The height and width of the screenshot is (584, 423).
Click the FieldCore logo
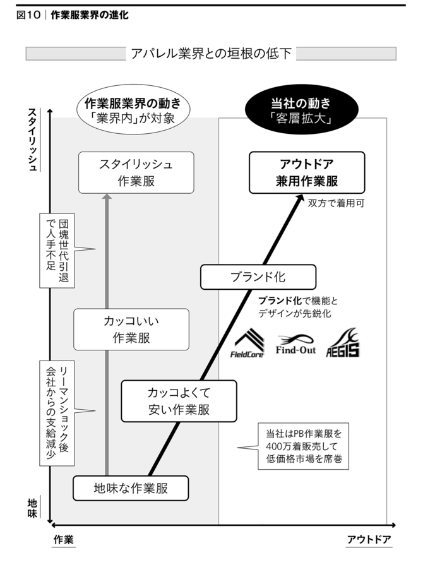[247, 343]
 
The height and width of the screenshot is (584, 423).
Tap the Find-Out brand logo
[295, 344]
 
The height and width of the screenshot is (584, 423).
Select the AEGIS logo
[343, 343]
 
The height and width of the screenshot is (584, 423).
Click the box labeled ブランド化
[258, 277]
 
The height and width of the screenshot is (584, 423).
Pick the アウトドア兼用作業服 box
[307, 172]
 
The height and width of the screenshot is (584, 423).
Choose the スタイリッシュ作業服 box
[136, 172]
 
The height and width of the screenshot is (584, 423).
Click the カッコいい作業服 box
[131, 329]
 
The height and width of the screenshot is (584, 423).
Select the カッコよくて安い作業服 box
[179, 401]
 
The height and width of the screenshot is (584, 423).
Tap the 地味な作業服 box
[131, 488]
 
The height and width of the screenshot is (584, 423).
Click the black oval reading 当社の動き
[301, 110]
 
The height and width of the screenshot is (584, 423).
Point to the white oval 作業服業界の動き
[133, 110]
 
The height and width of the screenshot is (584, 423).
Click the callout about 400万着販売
[304, 446]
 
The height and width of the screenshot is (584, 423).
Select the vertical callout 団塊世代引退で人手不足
[57, 251]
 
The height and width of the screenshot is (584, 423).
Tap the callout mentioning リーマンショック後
[57, 413]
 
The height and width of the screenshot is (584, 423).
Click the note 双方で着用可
[336, 203]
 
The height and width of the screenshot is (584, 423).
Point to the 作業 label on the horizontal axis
[64, 539]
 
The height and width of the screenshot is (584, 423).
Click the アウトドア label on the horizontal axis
[369, 539]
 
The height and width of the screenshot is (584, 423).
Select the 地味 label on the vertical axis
[32, 508]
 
